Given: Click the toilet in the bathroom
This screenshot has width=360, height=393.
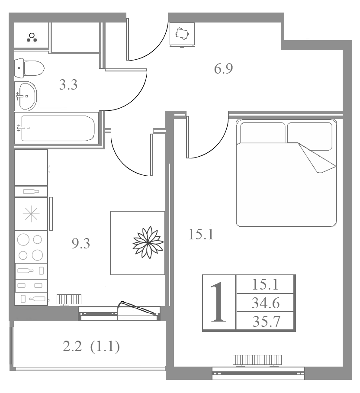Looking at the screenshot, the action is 29,68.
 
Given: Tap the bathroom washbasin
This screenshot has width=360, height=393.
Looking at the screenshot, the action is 26,96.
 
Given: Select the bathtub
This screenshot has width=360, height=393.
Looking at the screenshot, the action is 56,128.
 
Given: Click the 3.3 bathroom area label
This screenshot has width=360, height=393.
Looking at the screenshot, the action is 68,84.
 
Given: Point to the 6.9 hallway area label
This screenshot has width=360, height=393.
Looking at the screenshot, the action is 223,68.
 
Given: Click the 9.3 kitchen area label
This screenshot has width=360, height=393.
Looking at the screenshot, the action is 80,243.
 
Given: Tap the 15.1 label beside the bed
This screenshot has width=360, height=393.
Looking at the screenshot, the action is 201,235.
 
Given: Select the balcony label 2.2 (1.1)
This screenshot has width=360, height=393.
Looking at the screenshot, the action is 91,347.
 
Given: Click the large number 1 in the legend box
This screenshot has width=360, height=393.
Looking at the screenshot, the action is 219,302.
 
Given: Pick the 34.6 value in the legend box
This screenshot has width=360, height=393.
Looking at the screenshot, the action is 266,303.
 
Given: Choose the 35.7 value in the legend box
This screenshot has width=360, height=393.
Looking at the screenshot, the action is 266,322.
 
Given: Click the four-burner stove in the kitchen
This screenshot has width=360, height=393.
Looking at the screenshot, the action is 31,247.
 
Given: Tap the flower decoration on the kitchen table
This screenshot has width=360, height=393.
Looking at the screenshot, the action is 148,242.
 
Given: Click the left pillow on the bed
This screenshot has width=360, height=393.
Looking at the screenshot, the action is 263,132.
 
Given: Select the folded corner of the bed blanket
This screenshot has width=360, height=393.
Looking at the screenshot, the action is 317,158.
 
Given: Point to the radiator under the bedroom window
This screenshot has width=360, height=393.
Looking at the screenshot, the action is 257,360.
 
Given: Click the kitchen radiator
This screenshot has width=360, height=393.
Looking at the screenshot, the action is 69,299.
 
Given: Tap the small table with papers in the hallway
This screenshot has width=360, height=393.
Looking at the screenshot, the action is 182,35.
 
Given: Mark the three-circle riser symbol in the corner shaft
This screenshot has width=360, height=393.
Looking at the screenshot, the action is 32,37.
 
